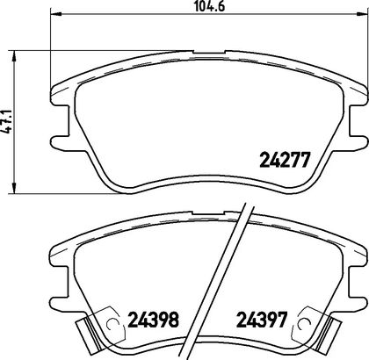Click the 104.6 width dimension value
[210, 6]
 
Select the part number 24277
[285, 160]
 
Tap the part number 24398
[153, 320]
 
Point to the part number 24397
[262, 320]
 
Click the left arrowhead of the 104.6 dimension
[55, 13]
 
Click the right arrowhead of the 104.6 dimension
[363, 13]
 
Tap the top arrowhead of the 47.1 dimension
[13, 55]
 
